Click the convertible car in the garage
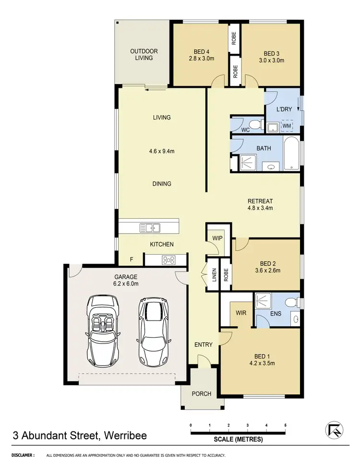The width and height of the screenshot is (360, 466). pos(102,331)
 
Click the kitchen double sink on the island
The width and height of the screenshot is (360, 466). pos(149,227)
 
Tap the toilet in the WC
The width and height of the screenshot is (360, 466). pos(256,126)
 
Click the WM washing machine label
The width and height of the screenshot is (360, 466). pos(287,126)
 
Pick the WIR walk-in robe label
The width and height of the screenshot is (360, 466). pos(241,312)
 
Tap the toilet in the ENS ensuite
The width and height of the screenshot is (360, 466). pos(290,302)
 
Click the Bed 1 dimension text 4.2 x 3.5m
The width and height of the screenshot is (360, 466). pos(261,364)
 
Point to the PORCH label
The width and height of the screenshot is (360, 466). pos(202,394)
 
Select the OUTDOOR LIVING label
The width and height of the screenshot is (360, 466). pos(144,54)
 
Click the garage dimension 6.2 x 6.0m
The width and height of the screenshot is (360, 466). pos(126,284)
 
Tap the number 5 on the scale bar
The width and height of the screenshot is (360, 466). pos(285,425)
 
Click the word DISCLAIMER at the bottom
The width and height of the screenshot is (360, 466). pos(23,455)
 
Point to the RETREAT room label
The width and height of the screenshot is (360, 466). pos(260,201)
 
